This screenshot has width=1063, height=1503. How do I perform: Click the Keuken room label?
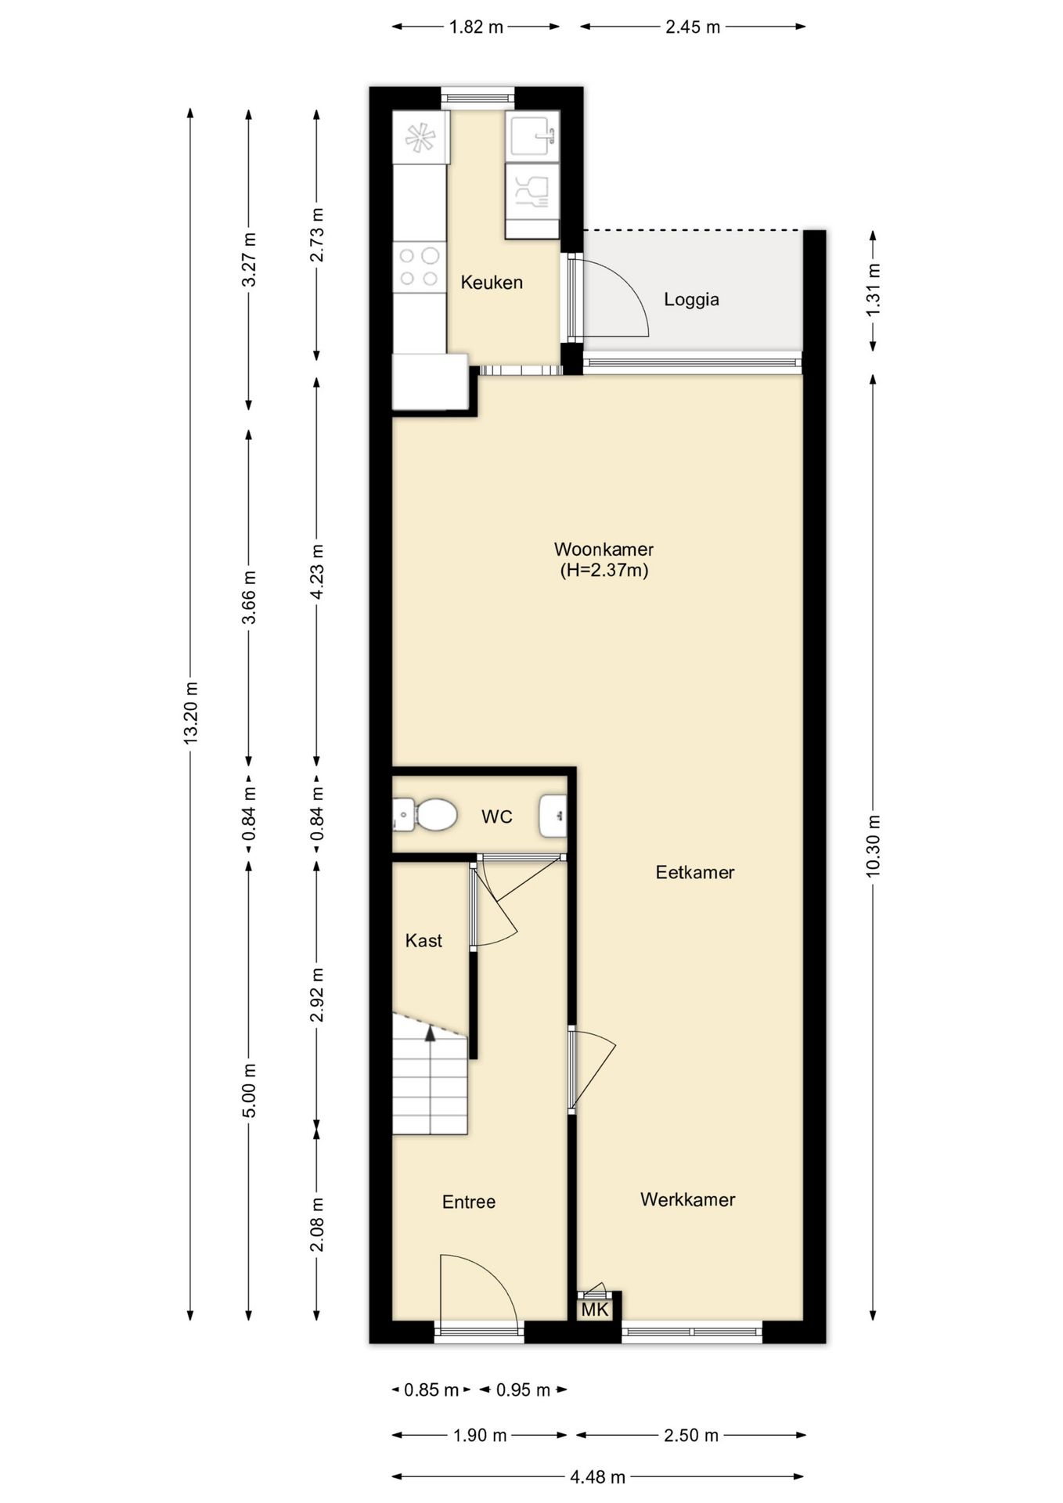click(x=492, y=283)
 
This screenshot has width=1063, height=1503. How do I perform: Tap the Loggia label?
click(x=691, y=299)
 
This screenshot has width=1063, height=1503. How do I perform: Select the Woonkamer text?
click(x=604, y=550)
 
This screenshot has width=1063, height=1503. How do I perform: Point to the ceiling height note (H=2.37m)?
click(x=604, y=571)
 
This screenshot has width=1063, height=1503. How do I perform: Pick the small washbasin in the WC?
click(x=553, y=816)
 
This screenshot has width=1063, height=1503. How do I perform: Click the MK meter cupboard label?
click(x=595, y=1309)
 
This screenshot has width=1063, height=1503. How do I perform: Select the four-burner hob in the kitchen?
click(x=420, y=267)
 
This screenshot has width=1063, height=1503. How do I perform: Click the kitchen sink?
click(x=533, y=137)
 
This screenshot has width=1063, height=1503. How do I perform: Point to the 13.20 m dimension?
click(x=190, y=713)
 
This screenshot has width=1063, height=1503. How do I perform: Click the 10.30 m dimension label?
click(x=874, y=845)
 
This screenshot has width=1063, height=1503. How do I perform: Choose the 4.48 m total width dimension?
click(x=597, y=1477)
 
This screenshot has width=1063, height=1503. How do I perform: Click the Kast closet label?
click(x=423, y=941)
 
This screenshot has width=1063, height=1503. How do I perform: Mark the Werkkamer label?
click(x=687, y=1200)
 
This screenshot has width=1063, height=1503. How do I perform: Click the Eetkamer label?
click(x=695, y=873)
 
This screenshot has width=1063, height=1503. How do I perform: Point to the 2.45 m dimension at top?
click(x=693, y=27)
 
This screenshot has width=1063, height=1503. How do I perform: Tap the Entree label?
click(x=469, y=1202)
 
